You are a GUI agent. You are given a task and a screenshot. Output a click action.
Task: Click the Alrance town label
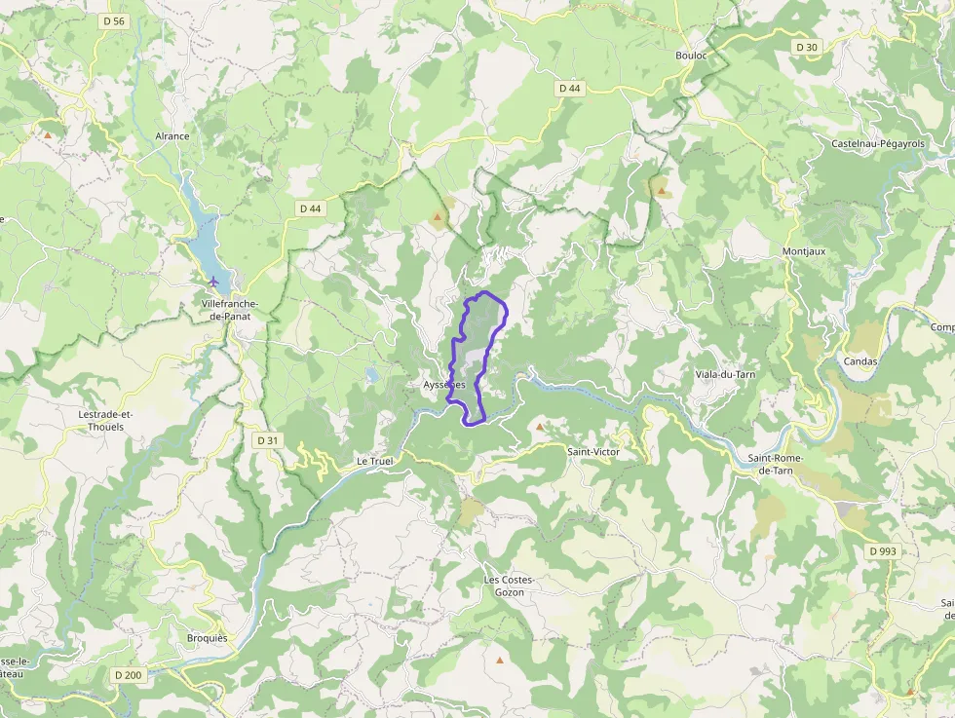pos(172,136)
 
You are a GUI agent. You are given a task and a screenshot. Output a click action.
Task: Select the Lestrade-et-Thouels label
pos(105,420)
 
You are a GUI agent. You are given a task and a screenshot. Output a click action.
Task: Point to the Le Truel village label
pos(374,461)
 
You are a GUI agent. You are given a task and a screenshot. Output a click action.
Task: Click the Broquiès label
pos(207,638)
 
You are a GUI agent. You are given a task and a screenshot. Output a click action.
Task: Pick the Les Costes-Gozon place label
pos(510,586)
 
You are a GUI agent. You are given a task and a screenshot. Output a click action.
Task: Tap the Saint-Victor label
pos(593,452)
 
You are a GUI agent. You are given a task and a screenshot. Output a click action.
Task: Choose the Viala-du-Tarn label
pos(725,374)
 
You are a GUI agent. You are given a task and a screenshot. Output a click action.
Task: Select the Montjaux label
pos(804,251)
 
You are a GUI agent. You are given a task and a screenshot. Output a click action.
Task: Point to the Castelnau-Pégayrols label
pos(878,143)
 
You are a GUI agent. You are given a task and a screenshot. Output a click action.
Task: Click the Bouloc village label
pos(691,56)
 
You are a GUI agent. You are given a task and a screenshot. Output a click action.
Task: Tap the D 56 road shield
pos(114,20)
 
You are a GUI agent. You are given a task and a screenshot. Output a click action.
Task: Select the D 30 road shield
pos(806,47)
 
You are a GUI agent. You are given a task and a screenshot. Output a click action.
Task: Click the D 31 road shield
pos(267,440)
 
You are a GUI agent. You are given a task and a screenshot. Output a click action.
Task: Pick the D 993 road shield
pos(882,550)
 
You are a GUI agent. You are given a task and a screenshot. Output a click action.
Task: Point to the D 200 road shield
pos(129,674)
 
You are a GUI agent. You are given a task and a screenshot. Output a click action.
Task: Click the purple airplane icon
pos(213,282)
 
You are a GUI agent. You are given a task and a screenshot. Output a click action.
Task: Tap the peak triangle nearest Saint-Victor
pos(540,427)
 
